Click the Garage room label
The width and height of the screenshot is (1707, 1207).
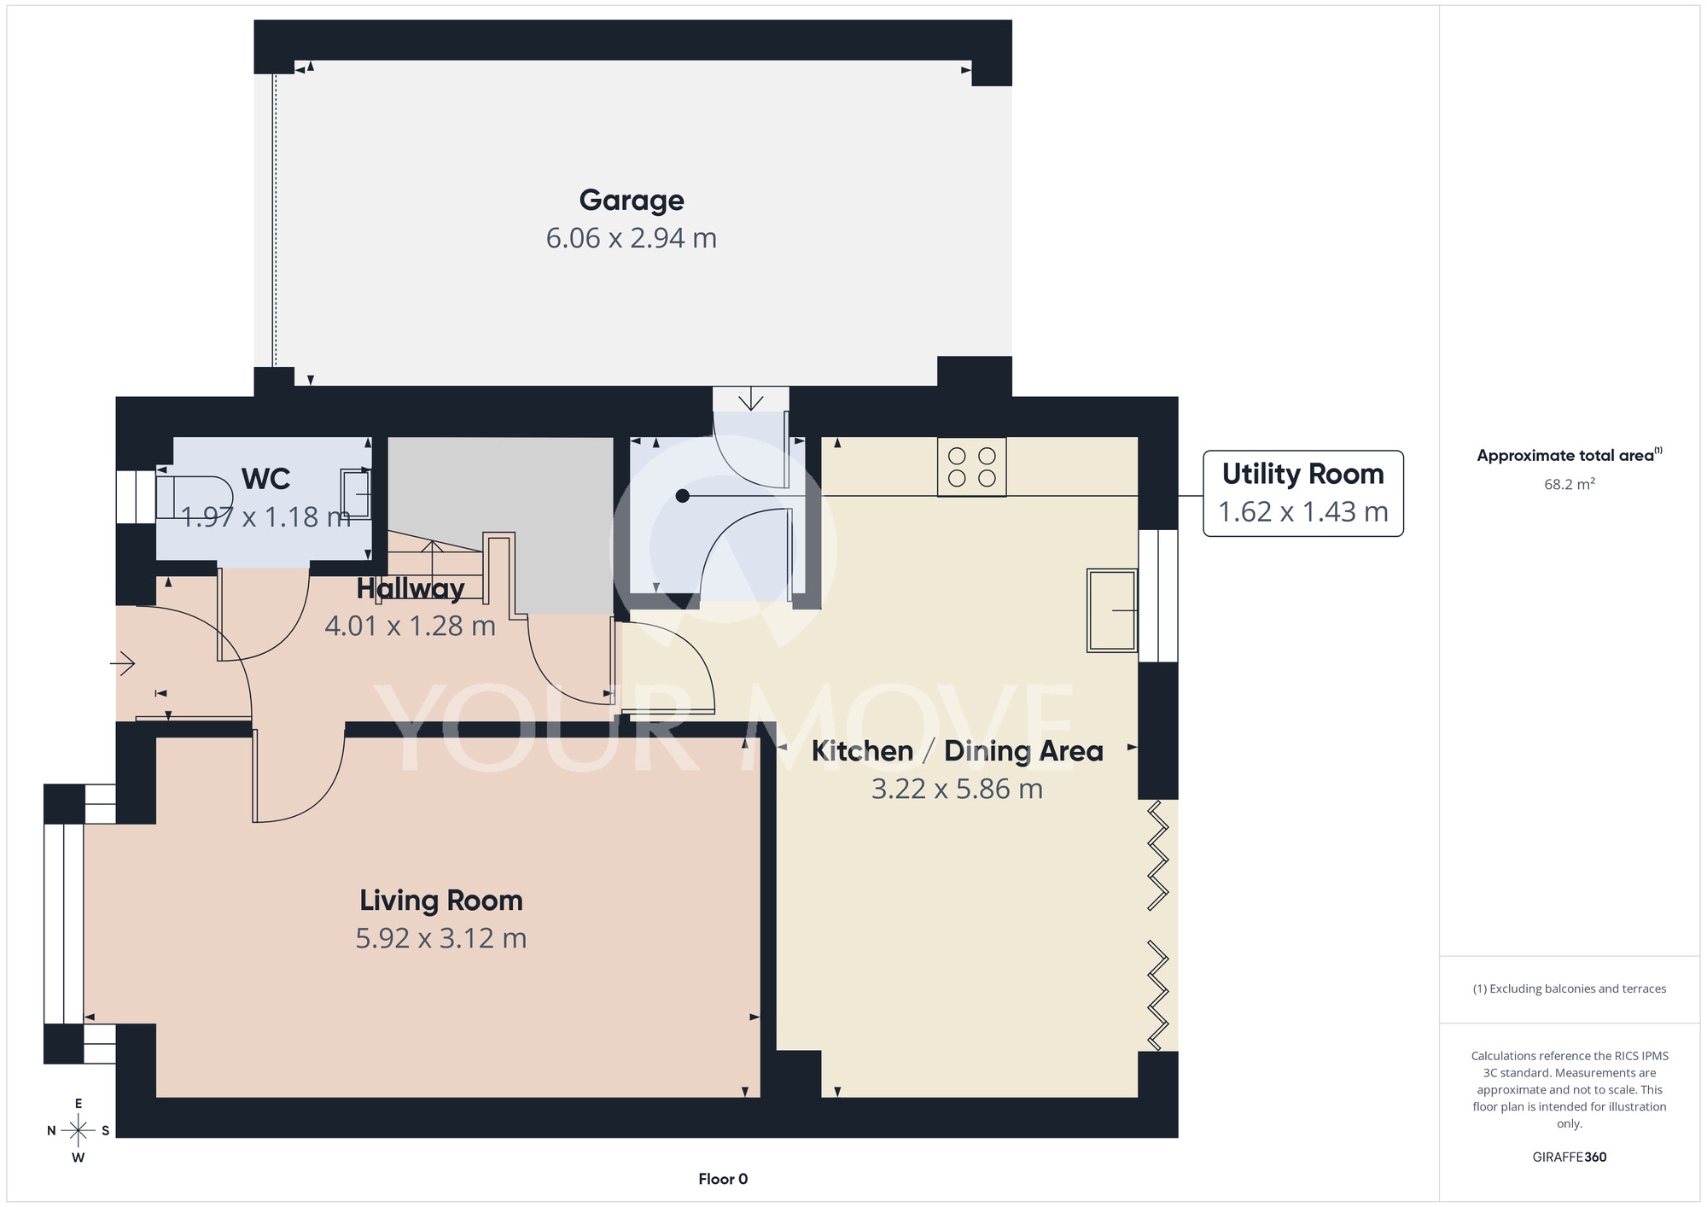[x=632, y=201]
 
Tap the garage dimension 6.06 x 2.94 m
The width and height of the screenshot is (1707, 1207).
[x=632, y=238]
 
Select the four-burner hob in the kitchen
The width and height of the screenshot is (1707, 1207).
[x=972, y=467]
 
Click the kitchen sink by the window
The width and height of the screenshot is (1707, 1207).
[x=1112, y=610]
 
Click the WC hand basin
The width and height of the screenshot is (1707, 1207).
[x=356, y=494]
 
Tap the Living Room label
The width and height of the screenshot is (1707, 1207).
[x=441, y=901]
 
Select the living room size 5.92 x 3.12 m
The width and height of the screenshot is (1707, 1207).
[x=441, y=939]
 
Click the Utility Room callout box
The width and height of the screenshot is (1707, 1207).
[x=1303, y=493]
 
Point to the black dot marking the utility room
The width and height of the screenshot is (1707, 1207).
[x=682, y=496]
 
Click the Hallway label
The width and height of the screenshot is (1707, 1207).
[x=411, y=589]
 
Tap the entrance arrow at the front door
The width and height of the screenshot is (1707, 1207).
[x=123, y=663]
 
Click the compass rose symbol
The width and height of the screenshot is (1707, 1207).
[x=79, y=1131]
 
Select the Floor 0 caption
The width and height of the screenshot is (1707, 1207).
[x=723, y=1179]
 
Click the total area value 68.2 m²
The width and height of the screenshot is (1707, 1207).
[x=1570, y=484]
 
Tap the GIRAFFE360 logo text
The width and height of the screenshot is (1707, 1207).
[x=1570, y=1157]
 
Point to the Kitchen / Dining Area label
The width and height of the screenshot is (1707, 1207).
[x=958, y=751]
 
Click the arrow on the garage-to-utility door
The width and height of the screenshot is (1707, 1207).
[x=751, y=399]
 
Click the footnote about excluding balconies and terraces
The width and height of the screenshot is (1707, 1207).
[x=1570, y=988]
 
